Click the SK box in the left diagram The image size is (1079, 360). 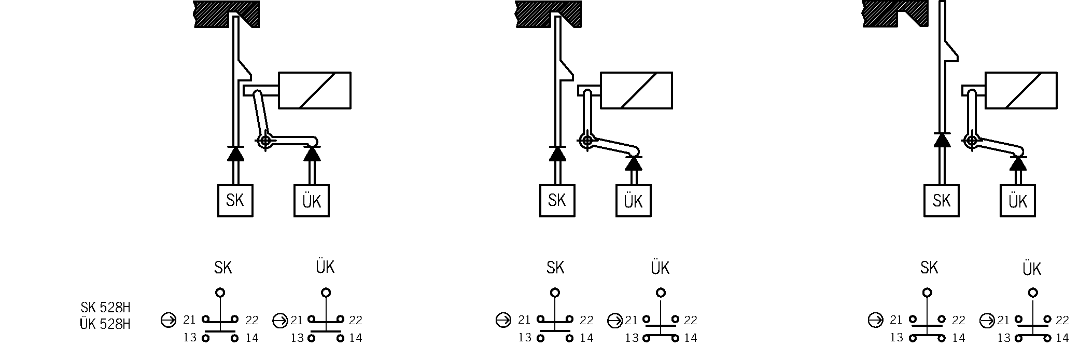235,200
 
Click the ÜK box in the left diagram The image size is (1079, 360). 311,201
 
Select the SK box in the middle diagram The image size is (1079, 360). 557,200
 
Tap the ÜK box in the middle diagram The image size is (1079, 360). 633,201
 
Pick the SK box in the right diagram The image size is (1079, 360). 941,200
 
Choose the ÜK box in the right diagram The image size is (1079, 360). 1017,201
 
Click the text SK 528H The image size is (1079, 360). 105,308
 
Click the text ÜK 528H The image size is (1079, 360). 105,324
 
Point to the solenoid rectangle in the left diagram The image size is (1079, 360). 315,90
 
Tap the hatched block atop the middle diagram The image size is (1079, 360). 548,12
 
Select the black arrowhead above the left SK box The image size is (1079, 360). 235,154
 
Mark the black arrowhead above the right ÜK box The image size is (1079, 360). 1018,163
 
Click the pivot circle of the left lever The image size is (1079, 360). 265,140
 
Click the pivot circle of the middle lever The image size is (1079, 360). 586,140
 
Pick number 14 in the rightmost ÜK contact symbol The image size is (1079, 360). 1062,338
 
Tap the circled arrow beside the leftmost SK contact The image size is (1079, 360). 169,321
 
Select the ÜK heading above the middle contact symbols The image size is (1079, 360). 660,268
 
